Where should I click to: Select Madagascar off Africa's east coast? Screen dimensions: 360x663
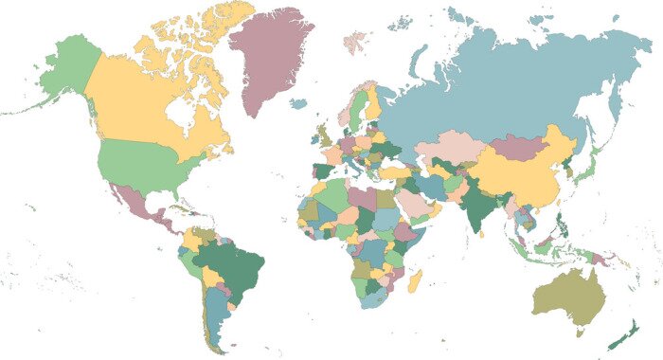(x=415, y=280)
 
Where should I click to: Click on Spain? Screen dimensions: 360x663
(x=325, y=171)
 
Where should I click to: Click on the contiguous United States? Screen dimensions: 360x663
(x=142, y=161)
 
